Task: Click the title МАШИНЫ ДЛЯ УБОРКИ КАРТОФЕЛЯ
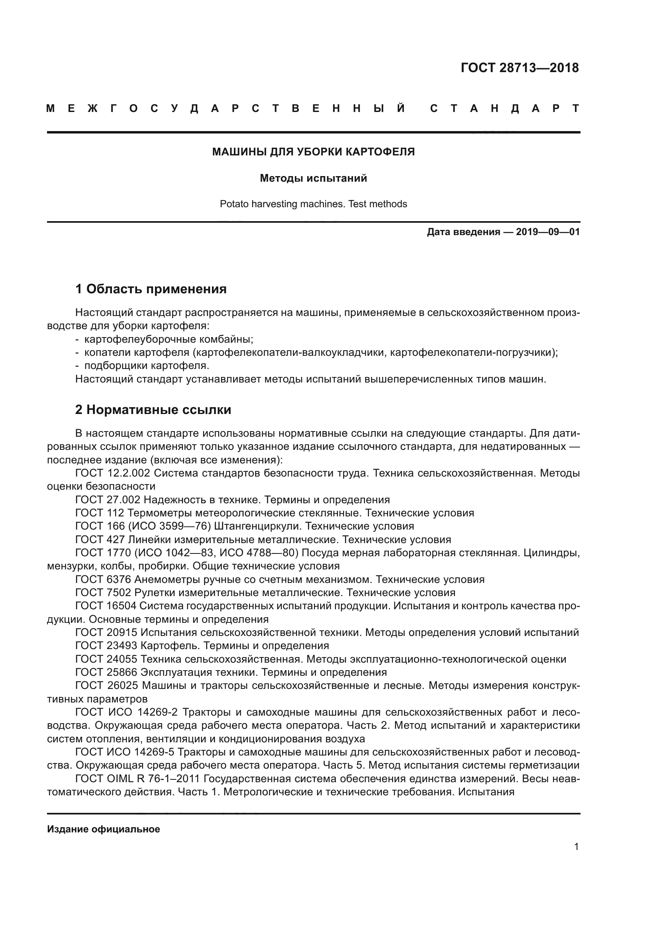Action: pyautogui.click(x=313, y=152)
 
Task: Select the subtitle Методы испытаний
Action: pyautogui.click(x=313, y=178)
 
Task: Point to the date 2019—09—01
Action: pyautogui.click(x=547, y=232)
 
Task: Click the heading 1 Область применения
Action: pyautogui.click(x=151, y=289)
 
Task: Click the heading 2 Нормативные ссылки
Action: pyautogui.click(x=153, y=410)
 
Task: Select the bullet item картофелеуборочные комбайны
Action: pyautogui.click(x=169, y=339)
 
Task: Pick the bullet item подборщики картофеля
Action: pyautogui.click(x=147, y=365)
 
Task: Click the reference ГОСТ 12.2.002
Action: pyautogui.click(x=113, y=473)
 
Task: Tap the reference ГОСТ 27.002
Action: pyautogui.click(x=108, y=499)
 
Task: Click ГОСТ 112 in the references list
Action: pyautogui.click(x=100, y=513)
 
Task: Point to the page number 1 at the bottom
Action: pyautogui.click(x=576, y=846)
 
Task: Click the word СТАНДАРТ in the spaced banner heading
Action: pyautogui.click(x=505, y=108)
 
